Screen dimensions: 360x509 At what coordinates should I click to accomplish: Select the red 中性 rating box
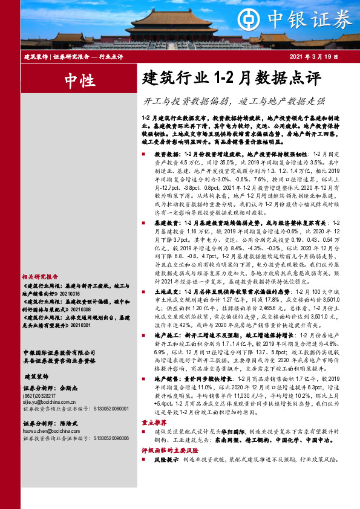[78, 79]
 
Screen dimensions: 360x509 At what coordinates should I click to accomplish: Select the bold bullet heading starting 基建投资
[200, 224]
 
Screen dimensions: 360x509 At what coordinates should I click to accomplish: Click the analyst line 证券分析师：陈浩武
[50, 441]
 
